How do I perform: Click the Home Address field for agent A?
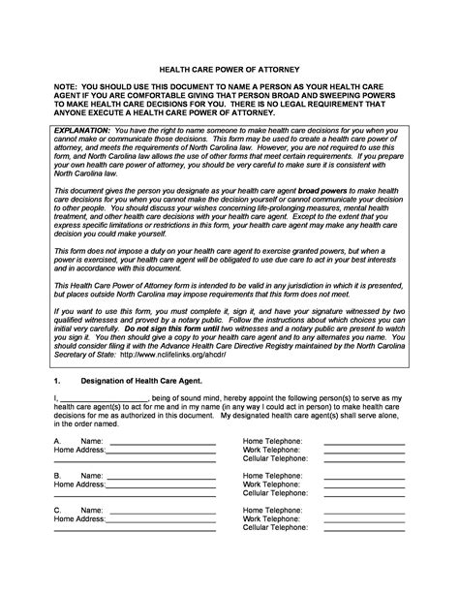[160, 450]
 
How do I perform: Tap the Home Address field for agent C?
[160, 519]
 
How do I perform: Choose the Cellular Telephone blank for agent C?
[363, 529]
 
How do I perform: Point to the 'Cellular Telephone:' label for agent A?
[275, 458]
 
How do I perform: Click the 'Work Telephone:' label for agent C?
[271, 519]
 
